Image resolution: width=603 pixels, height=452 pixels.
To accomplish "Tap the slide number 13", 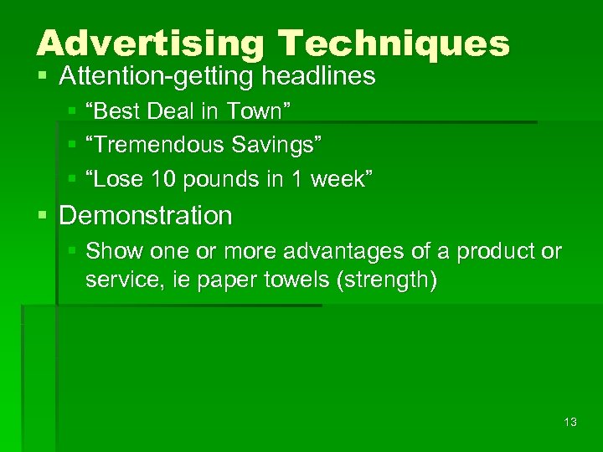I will [x=570, y=422].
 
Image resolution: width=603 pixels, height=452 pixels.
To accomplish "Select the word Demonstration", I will [x=146, y=215].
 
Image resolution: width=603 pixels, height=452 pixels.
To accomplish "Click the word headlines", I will [x=319, y=77].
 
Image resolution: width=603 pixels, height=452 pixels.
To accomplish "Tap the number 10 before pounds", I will [x=152, y=178].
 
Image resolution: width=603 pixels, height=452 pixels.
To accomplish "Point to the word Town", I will [x=265, y=111].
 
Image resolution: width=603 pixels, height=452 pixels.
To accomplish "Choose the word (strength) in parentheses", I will [x=386, y=280].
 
